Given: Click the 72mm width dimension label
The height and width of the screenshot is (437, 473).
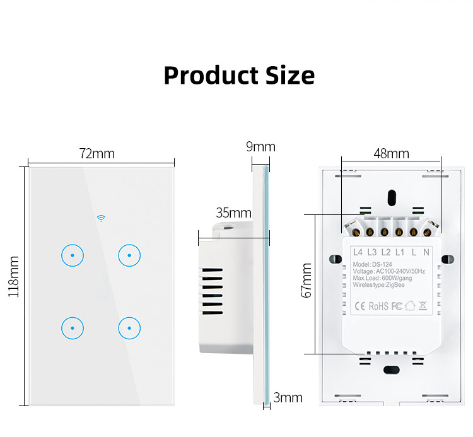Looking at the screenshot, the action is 97,153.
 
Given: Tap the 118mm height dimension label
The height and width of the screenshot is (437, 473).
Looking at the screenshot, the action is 14,277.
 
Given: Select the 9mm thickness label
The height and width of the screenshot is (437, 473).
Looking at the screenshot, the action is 260,146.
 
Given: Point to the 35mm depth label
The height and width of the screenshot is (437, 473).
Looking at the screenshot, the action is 233,213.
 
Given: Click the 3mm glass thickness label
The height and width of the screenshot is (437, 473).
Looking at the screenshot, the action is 288,397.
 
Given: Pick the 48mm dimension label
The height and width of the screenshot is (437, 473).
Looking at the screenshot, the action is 391,153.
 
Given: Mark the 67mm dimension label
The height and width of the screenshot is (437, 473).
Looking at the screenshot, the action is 306,280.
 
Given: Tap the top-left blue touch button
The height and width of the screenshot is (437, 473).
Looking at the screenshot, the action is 73,255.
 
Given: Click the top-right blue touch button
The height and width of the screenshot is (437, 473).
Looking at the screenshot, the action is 129,255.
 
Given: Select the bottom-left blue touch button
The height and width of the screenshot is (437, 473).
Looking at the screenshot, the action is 73,328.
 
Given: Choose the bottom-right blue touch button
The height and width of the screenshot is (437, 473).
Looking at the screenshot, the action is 129,328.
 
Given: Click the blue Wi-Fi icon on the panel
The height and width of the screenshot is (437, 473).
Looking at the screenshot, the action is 101,218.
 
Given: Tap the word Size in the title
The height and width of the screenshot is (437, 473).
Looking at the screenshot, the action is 290,75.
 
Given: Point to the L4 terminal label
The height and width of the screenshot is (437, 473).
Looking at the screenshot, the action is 358,252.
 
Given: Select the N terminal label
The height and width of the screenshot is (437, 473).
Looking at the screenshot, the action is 426,252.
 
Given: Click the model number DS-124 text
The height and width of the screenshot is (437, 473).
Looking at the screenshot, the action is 382,264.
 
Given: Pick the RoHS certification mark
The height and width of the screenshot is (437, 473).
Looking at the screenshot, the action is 378,306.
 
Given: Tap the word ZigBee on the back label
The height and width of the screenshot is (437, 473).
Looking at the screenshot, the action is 395,284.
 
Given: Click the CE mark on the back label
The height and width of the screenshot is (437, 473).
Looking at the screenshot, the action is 360,306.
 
